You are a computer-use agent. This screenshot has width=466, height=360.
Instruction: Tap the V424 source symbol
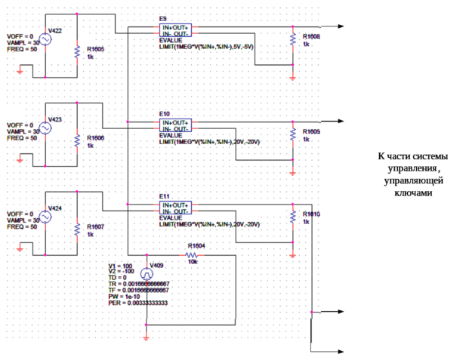pyautogui.click(x=45, y=216)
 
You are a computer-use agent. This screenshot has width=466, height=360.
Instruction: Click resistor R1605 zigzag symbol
pyautogui.click(x=76, y=51)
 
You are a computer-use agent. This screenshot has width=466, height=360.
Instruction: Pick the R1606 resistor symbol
pyautogui.click(x=76, y=140)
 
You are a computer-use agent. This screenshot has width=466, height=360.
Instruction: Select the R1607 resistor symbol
pyautogui.click(x=76, y=228)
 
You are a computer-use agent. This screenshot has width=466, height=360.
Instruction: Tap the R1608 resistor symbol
pyautogui.click(x=293, y=39)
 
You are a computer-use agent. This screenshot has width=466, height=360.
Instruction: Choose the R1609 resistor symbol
pyautogui.click(x=293, y=134)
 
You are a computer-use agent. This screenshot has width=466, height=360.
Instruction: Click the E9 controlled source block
pyautogui.click(x=175, y=29)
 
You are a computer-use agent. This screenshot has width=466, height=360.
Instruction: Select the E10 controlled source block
pyautogui.click(x=175, y=124)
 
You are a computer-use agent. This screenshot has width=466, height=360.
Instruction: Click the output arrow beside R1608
pyautogui.click(x=341, y=26)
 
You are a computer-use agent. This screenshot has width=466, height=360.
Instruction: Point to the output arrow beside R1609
pyautogui.click(x=341, y=121)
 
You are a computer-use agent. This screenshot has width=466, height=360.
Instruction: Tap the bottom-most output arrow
pyautogui.click(x=341, y=352)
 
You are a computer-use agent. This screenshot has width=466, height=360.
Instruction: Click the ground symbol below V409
pyautogui.click(x=146, y=332)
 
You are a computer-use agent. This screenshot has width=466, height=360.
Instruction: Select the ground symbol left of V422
pyautogui.click(x=20, y=72)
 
